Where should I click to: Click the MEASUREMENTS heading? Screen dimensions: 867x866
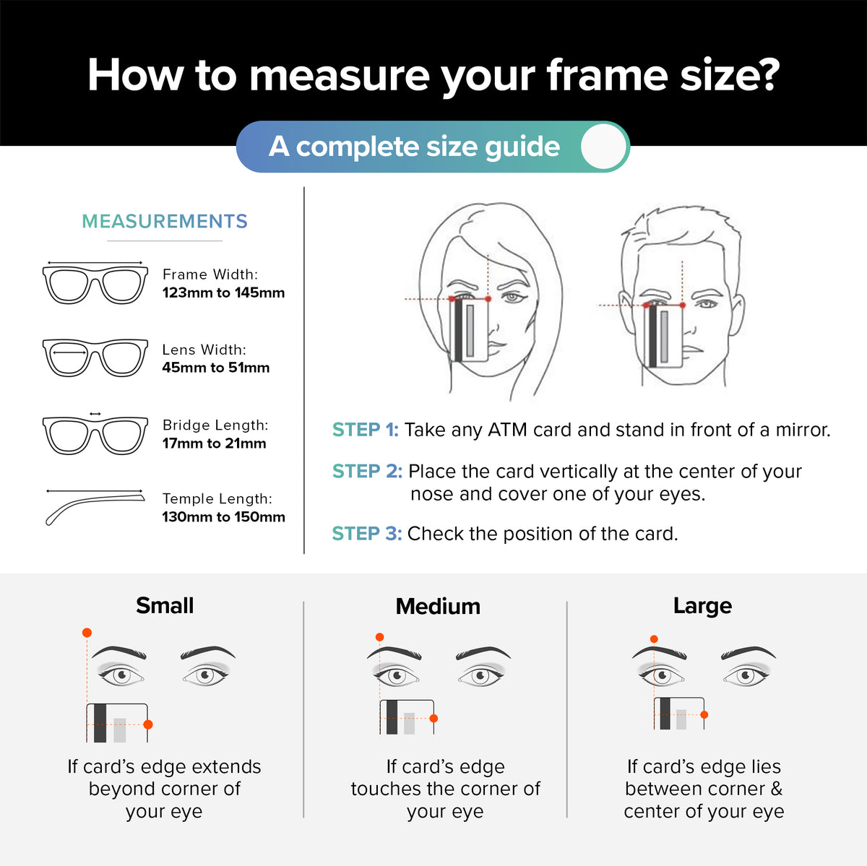164,221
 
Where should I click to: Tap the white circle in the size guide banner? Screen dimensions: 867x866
603,147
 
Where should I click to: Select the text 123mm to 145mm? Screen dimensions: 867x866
223,293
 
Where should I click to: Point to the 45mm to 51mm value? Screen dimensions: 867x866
216,367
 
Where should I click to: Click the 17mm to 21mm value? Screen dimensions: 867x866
214,443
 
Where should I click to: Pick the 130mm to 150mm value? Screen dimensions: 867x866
223,516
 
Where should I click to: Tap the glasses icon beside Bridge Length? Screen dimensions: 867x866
95,435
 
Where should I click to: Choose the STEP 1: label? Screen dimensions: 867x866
366,430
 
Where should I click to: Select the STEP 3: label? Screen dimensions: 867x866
367,534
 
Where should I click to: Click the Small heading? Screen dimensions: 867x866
165,605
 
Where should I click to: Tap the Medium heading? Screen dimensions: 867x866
438,606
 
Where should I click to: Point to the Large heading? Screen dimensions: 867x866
702,606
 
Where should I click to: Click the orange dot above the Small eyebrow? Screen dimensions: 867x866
87,633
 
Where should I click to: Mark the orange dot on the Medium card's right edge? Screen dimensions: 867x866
433,719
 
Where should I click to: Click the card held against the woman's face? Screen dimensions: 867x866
470,330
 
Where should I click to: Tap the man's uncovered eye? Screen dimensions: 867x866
708,303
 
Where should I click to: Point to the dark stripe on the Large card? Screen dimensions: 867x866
665,714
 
